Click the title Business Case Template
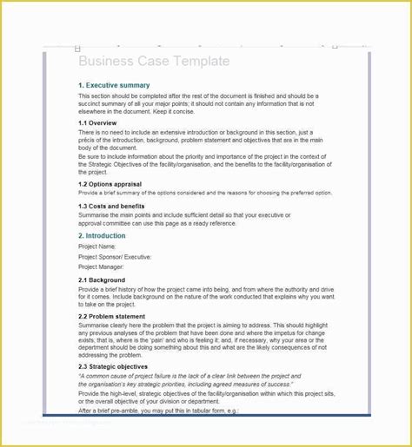point(154,62)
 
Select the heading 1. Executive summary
point(114,85)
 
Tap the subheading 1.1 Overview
point(97,123)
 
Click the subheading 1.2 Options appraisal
point(111,183)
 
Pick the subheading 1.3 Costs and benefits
point(111,206)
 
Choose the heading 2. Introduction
point(102,235)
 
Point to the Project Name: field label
point(97,247)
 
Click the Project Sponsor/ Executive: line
point(115,257)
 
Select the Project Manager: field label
point(101,267)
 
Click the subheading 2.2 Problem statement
point(111,317)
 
